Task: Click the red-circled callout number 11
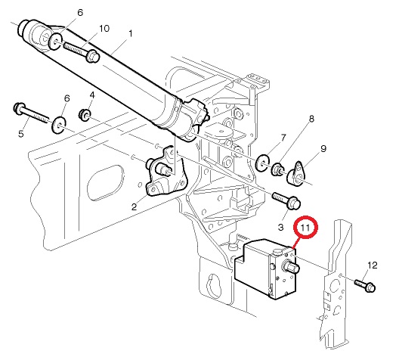pos(305,227)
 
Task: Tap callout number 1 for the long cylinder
pos(131,33)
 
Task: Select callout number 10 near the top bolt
pos(104,29)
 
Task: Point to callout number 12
pos(373,265)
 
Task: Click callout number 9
pos(323,148)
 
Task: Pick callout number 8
pos(311,119)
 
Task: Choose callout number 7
pos(283,138)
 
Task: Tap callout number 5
pos(21,134)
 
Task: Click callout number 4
pos(92,95)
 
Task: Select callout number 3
pos(280,227)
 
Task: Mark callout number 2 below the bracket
pos(134,206)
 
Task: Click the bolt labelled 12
pos(365,285)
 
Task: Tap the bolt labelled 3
pos(286,200)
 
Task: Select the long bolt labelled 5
pos(30,113)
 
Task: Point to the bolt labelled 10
pos(82,52)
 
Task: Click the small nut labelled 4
pos(84,114)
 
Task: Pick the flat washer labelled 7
pos(262,163)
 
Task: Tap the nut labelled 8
pos(277,169)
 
